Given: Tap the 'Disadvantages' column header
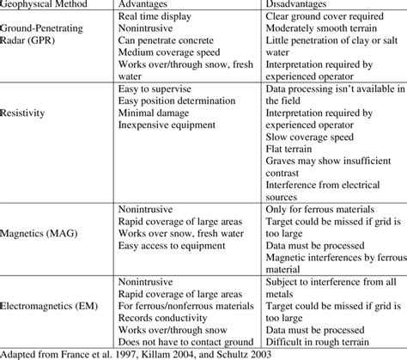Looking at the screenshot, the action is (288, 5).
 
